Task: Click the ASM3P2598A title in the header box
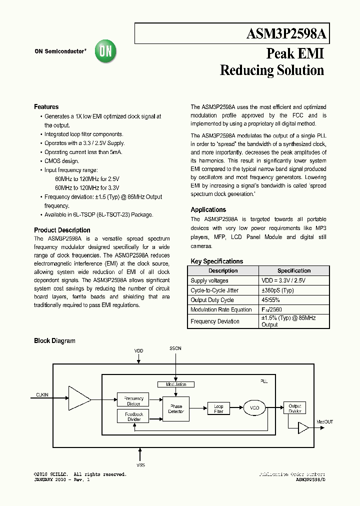286,34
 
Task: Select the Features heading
46,107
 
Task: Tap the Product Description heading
62,230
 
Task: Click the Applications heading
208,209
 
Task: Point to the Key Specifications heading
216,261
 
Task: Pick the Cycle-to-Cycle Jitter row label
214,290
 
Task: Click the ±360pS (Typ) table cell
277,290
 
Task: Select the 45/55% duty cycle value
270,300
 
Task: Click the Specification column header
294,270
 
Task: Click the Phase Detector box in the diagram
176,409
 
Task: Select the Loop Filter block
218,408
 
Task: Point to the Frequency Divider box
133,401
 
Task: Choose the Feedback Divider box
133,416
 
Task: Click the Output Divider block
295,408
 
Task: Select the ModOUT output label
324,422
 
